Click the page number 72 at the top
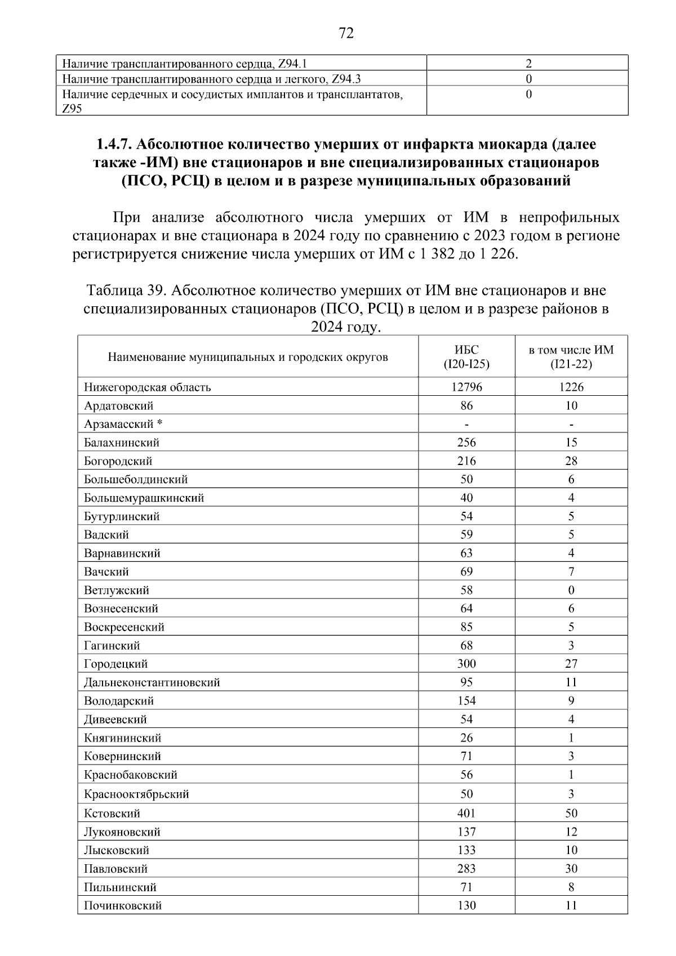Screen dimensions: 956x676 346,34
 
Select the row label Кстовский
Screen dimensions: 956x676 112,813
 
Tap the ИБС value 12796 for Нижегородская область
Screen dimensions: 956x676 466,387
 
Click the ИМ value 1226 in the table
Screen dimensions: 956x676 571,387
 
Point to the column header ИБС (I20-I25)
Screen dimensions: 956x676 466,357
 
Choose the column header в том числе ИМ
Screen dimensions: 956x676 571,350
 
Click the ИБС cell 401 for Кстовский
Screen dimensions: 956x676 466,813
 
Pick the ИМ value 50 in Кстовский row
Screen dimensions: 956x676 571,813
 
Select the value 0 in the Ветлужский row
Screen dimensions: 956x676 571,590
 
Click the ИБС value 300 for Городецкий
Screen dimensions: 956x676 466,664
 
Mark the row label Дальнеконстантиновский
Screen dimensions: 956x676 152,682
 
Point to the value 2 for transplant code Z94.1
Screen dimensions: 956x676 528,64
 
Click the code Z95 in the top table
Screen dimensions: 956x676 72,109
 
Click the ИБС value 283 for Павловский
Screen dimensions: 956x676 466,869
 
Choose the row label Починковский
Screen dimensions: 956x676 123,905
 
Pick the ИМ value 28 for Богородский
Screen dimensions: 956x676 571,461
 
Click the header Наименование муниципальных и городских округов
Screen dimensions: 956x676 248,357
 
